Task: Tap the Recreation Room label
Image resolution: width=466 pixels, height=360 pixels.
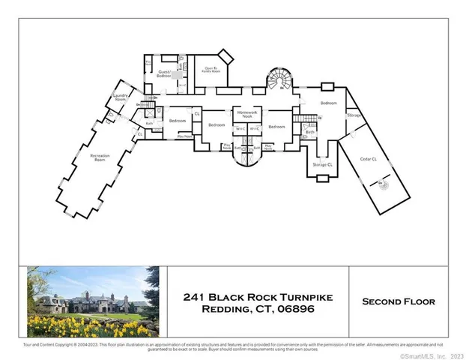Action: point(100,157)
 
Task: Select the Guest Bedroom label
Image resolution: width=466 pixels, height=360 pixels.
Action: point(165,74)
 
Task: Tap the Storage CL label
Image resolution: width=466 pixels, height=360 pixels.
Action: point(323,163)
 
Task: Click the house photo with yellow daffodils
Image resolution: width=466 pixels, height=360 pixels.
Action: point(88,301)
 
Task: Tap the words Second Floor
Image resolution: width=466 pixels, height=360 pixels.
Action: point(398,301)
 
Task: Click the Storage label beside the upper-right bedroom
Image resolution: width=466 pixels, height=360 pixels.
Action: point(354,115)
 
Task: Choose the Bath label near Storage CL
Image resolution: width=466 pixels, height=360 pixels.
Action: point(309,132)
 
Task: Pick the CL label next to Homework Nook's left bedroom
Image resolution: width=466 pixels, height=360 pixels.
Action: point(197,113)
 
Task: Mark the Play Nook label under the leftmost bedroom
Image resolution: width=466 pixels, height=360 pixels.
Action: point(184,136)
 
